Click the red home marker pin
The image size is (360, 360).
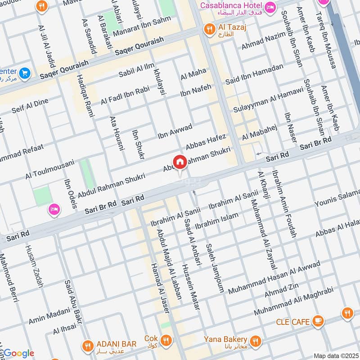click(180, 162)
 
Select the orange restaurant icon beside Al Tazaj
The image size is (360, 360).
click(209, 29)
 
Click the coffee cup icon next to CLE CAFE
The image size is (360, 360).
click(318, 321)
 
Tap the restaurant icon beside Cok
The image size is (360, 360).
click(166, 339)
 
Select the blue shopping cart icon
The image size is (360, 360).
click(25, 72)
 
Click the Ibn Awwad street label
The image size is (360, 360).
click(175, 130)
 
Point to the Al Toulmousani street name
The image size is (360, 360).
click(49, 169)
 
